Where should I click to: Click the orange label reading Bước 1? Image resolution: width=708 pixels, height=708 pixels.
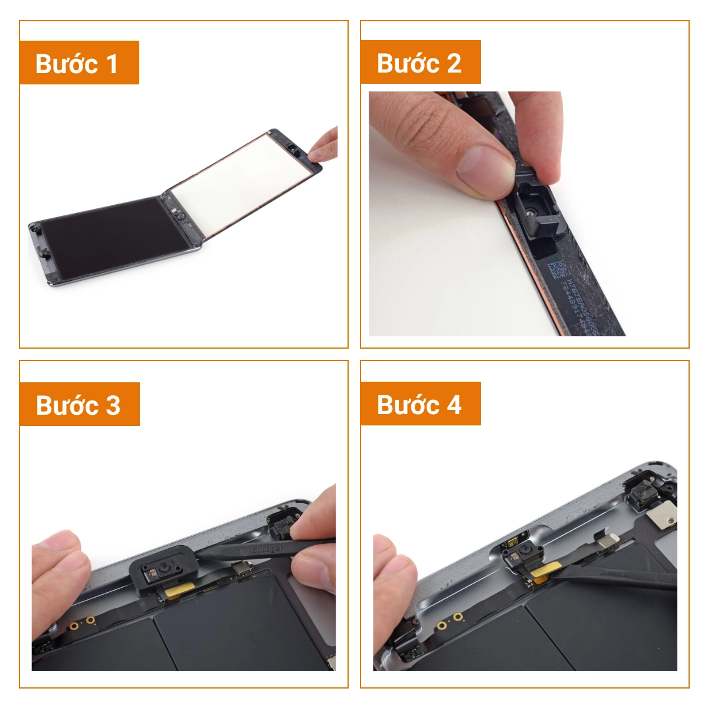click(x=79, y=63)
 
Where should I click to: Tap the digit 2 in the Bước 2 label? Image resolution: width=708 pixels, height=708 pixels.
click(x=454, y=63)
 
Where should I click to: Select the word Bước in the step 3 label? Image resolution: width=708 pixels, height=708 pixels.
click(x=67, y=405)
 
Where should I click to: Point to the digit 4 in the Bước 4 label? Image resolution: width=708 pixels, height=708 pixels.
click(x=454, y=405)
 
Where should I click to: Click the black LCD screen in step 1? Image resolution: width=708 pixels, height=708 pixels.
click(x=112, y=236)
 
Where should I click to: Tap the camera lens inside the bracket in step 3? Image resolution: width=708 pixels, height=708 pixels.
click(x=166, y=570)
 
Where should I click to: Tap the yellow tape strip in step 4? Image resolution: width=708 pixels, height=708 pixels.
click(x=543, y=571)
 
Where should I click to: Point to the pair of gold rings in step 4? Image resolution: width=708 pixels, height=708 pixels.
click(x=450, y=621)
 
